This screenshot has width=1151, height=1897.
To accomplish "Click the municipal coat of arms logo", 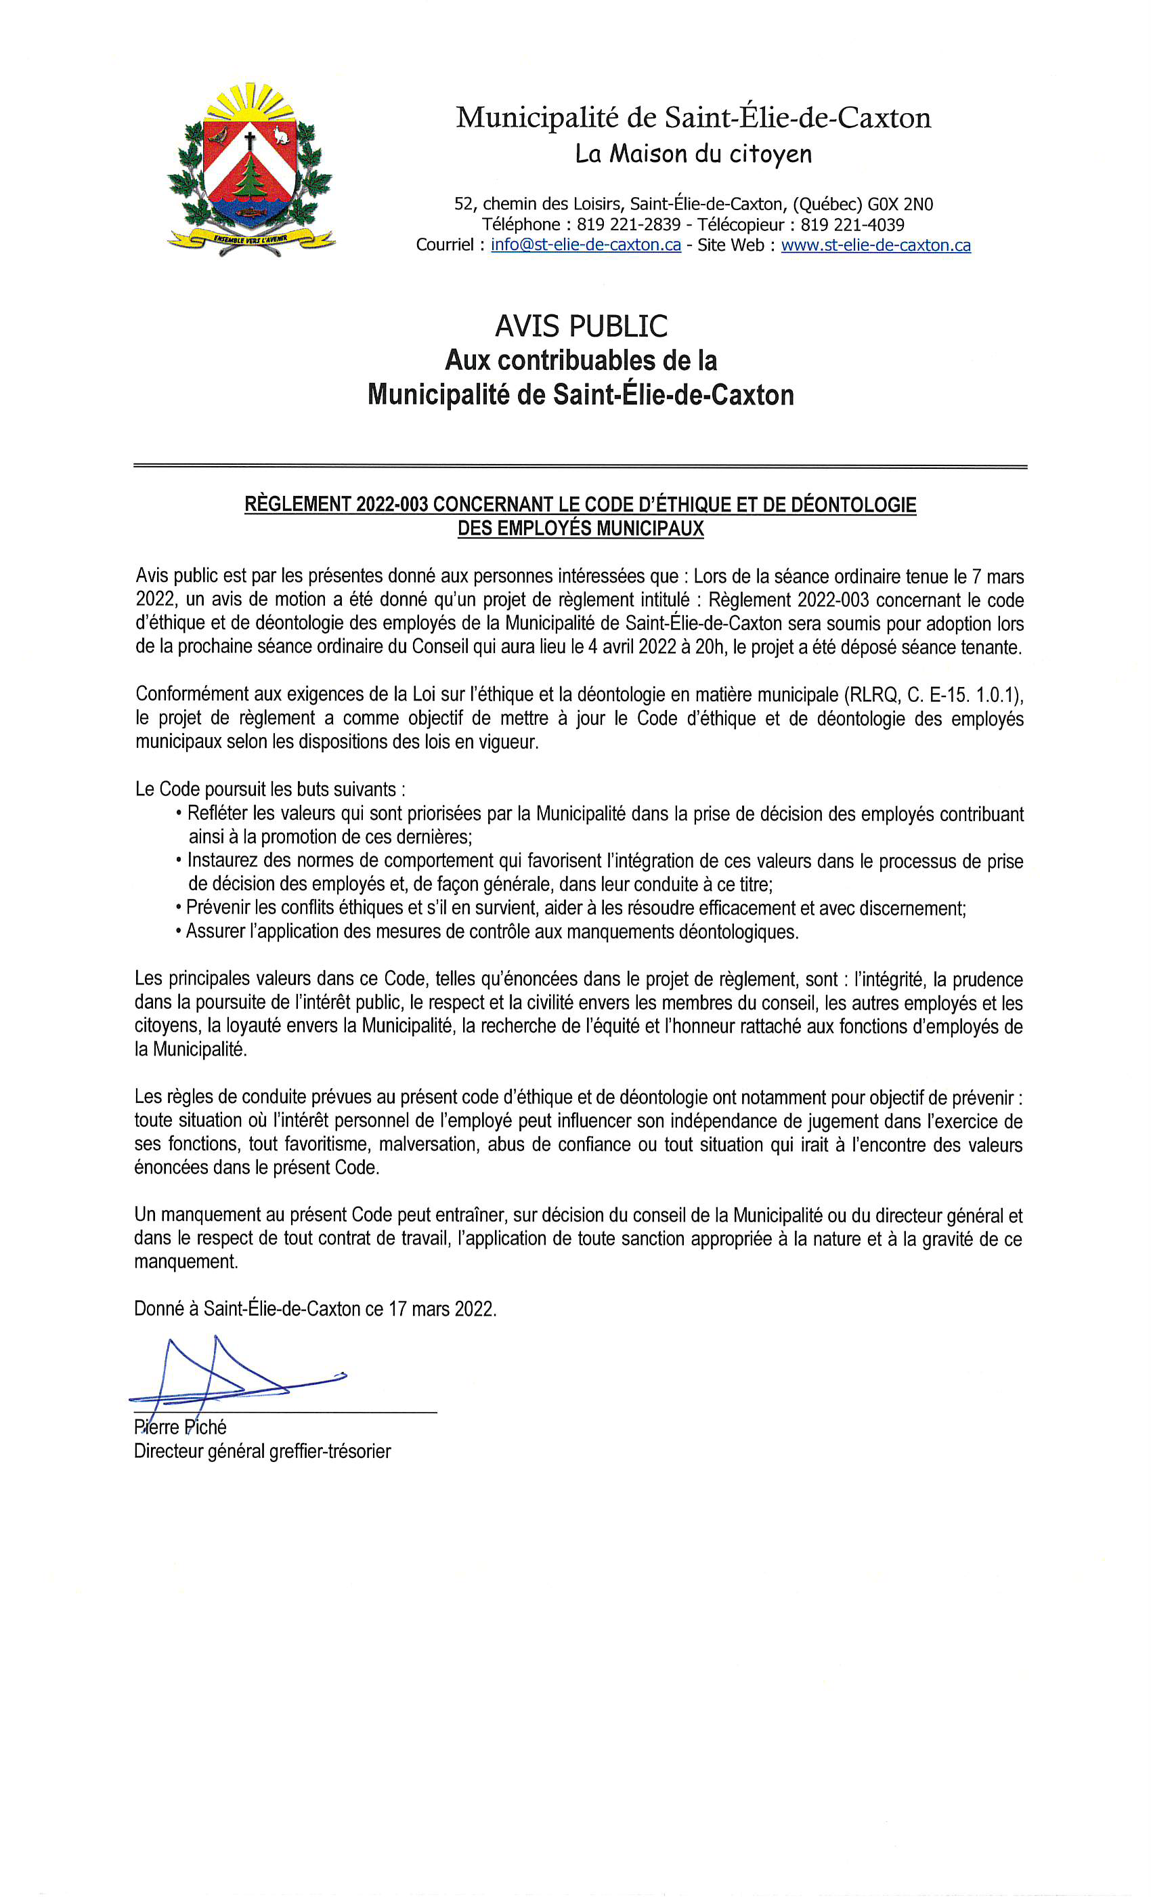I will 250,169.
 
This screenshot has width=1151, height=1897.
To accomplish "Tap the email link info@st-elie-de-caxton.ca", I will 586,245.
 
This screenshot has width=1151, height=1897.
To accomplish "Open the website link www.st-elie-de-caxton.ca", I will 875,245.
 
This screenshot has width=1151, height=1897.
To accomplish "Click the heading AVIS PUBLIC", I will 581,327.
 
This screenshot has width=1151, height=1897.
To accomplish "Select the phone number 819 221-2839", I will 628,225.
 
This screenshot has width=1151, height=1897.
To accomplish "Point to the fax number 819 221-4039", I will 852,225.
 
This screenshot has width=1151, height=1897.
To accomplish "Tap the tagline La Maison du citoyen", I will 693,154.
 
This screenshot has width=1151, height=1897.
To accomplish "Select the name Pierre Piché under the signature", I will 180,1427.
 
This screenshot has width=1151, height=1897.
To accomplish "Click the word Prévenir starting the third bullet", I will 218,908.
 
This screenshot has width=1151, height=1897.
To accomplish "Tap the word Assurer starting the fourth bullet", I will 215,932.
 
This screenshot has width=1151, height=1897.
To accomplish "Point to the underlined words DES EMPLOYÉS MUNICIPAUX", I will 581,528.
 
